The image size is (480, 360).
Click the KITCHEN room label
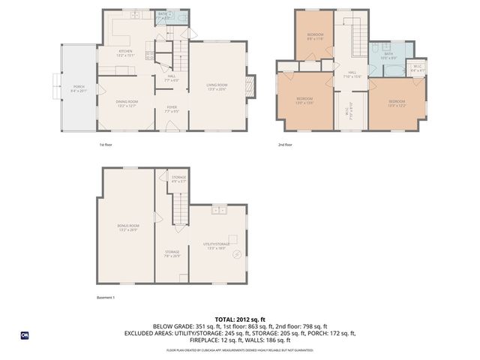124,53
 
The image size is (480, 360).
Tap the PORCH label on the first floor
78,88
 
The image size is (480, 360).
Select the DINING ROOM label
126,103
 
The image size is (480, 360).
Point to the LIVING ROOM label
217,87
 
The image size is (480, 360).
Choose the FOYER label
172,109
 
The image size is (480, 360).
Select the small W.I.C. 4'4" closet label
417,70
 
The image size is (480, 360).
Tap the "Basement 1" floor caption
106,298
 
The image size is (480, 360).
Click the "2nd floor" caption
285,144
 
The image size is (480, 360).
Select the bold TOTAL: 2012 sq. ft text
239,318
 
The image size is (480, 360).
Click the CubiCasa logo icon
24,334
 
